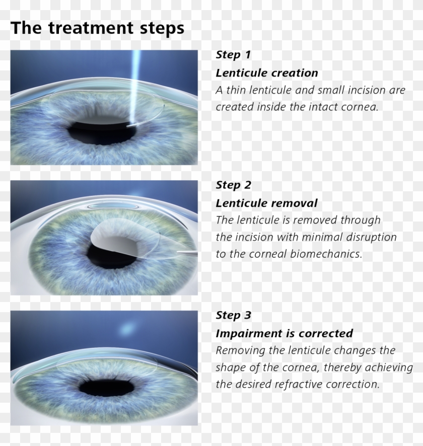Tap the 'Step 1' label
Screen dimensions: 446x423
click(x=233, y=54)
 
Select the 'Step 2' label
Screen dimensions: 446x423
click(x=233, y=185)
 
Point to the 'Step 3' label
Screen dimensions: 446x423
click(x=233, y=316)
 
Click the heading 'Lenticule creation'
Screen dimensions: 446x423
click(x=267, y=73)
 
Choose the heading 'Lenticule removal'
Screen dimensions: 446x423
click(x=266, y=203)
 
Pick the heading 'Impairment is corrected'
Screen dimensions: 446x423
click(x=284, y=334)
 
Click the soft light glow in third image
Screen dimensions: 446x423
click(x=124, y=330)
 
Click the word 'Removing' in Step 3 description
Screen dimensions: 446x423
click(x=237, y=350)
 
